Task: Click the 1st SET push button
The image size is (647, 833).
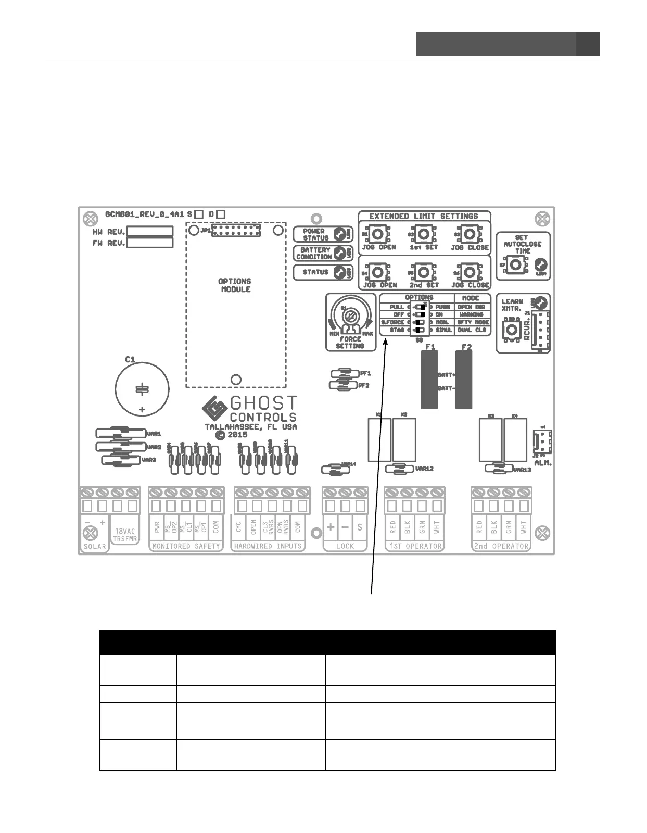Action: [x=423, y=234]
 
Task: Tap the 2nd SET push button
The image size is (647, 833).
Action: [x=424, y=272]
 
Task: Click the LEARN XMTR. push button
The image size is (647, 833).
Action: [x=512, y=329]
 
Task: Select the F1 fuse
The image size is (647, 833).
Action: [x=429, y=379]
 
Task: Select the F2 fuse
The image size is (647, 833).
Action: [x=464, y=379]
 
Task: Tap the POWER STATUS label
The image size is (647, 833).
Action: [x=315, y=234]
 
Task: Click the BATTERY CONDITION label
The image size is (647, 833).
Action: [x=314, y=253]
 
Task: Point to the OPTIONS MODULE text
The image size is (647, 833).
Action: [x=235, y=285]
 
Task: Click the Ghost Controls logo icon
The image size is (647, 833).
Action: [x=214, y=409]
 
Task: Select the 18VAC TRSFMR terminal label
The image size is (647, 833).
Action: [x=125, y=535]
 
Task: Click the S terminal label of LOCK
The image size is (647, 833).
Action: [x=360, y=527]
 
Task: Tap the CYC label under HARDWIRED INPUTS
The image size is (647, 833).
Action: [x=239, y=527]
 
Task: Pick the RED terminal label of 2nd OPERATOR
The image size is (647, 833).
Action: [x=479, y=527]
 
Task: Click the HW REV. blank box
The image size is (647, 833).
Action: [x=150, y=231]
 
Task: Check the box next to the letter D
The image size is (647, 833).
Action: [x=221, y=214]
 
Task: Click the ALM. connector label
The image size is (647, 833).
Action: [x=543, y=463]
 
